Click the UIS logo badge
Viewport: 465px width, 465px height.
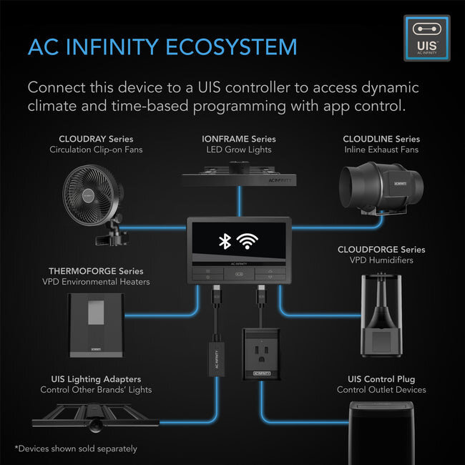click(x=427, y=38)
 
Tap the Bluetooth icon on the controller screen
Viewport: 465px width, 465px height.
click(x=224, y=242)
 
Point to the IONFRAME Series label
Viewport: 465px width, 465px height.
click(x=238, y=139)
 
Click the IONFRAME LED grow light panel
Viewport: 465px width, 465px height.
click(x=238, y=174)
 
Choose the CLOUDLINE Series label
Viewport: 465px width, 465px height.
click(x=381, y=139)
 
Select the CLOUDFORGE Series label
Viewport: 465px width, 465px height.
click(x=381, y=250)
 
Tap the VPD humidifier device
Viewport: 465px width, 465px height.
click(x=383, y=314)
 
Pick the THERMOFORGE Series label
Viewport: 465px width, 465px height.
click(x=95, y=271)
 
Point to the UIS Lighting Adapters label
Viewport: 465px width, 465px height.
click(x=96, y=378)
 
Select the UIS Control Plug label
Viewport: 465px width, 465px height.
click(x=381, y=378)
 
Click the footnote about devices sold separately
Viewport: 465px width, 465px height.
click(x=75, y=449)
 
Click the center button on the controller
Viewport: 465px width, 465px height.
click(x=238, y=273)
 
